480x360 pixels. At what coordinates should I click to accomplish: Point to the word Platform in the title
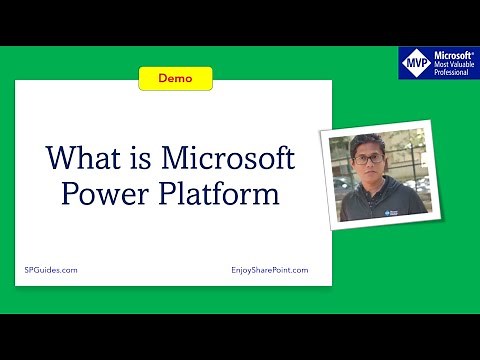(x=214, y=193)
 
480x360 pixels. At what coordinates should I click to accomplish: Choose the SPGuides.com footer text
(x=50, y=270)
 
